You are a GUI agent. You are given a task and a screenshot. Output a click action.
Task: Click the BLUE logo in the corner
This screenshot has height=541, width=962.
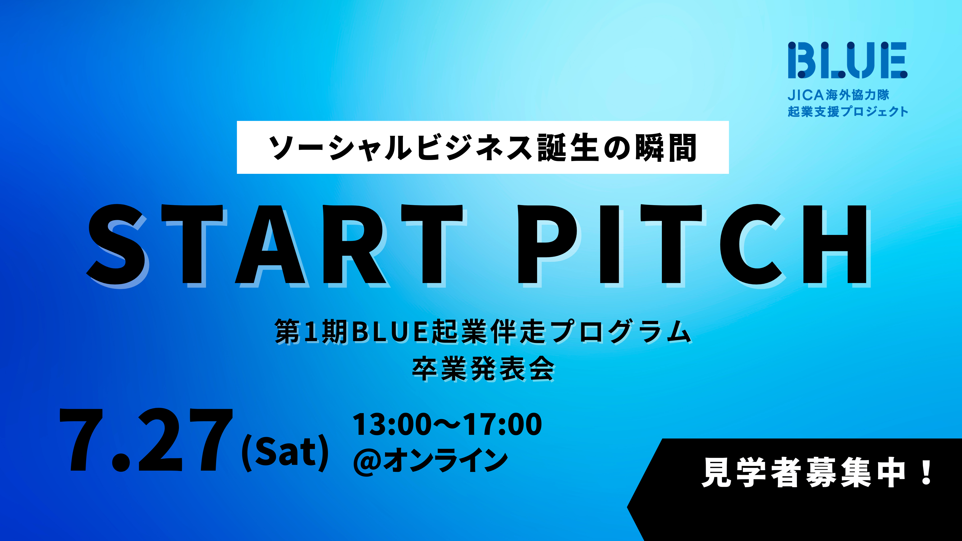click(847, 60)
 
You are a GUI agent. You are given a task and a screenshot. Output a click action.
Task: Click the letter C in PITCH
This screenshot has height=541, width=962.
click(751, 245)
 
